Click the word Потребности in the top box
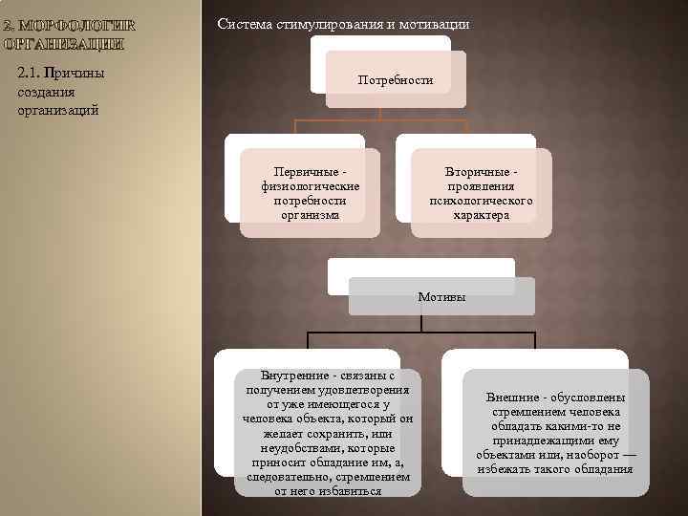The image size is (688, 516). point(396,81)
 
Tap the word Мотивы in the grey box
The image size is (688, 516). point(441,297)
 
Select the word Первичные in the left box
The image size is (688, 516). point(297,171)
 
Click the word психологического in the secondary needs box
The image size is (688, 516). point(482,202)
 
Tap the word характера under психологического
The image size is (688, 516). point(482,216)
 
